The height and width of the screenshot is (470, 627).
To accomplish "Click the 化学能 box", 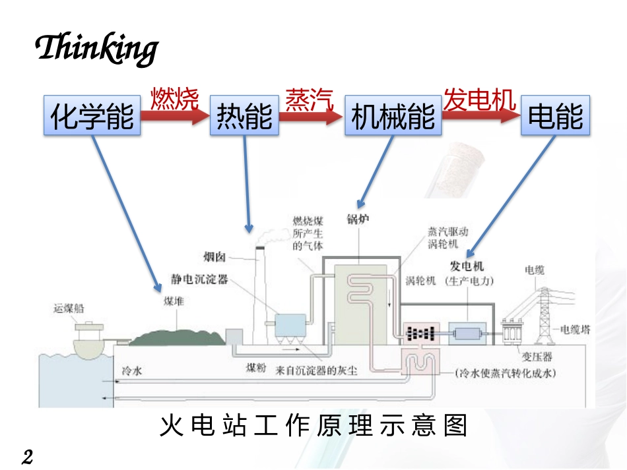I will point(92,117).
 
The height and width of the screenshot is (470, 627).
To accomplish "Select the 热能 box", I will point(244,117).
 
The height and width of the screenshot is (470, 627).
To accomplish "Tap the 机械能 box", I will point(393,117).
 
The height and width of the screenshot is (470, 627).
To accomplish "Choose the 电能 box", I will point(556,117).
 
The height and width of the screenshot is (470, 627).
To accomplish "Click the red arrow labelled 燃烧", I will point(176,117).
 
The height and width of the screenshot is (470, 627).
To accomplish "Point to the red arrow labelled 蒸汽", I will point(311,117).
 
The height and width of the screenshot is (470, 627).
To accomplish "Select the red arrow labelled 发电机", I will point(480,116).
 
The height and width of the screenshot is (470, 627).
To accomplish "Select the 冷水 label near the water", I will point(132,371).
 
